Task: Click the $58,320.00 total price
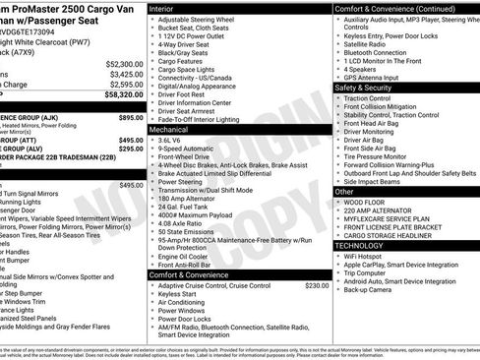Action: coord(124,95)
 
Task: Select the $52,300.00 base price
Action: coord(125,62)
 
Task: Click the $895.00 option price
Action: coord(131,117)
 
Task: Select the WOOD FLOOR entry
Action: coord(369,203)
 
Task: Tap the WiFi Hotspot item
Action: coord(370,256)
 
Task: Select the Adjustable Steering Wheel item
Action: coord(203,20)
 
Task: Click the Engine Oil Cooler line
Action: coord(185,255)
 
